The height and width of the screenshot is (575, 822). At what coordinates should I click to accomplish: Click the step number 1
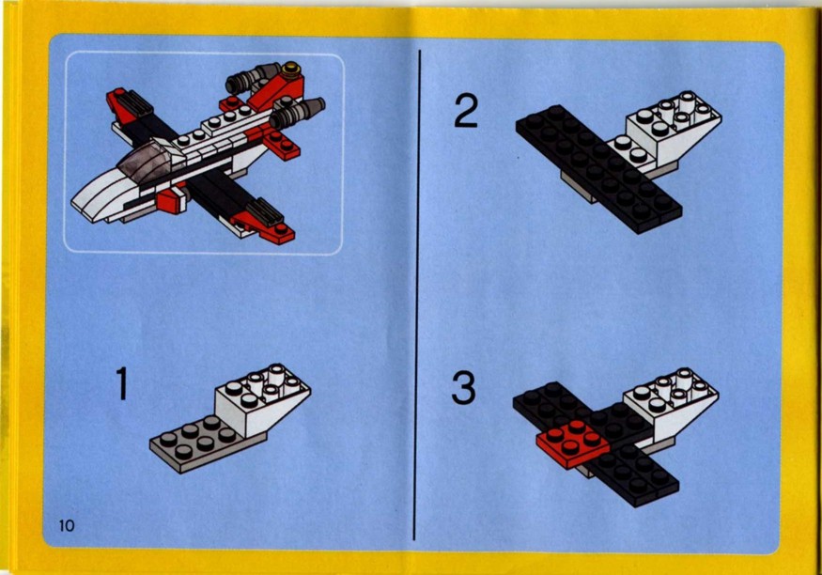121,383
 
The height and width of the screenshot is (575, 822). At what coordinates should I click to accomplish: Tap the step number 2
466,111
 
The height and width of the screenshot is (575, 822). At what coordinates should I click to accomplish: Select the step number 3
463,387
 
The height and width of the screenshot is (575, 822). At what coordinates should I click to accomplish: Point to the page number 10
67,525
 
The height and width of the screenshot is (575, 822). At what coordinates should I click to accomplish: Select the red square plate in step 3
572,443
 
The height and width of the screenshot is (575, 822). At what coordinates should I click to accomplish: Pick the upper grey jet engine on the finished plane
252,77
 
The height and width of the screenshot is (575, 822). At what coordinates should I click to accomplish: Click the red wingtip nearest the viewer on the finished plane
264,229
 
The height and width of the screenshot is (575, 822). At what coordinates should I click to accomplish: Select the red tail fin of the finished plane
276,89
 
